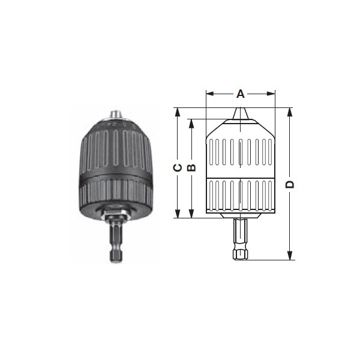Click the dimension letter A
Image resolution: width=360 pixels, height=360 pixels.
pyautogui.click(x=241, y=94)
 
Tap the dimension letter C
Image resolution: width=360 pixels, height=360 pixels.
pyautogui.click(x=178, y=168)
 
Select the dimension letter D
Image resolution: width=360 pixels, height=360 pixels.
pyautogui.click(x=290, y=184)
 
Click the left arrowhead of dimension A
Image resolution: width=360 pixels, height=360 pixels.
pyautogui.click(x=210, y=94)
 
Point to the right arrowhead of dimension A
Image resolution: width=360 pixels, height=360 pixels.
pyautogui.click(x=271, y=94)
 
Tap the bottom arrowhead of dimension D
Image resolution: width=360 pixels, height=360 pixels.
pyautogui.click(x=290, y=256)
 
